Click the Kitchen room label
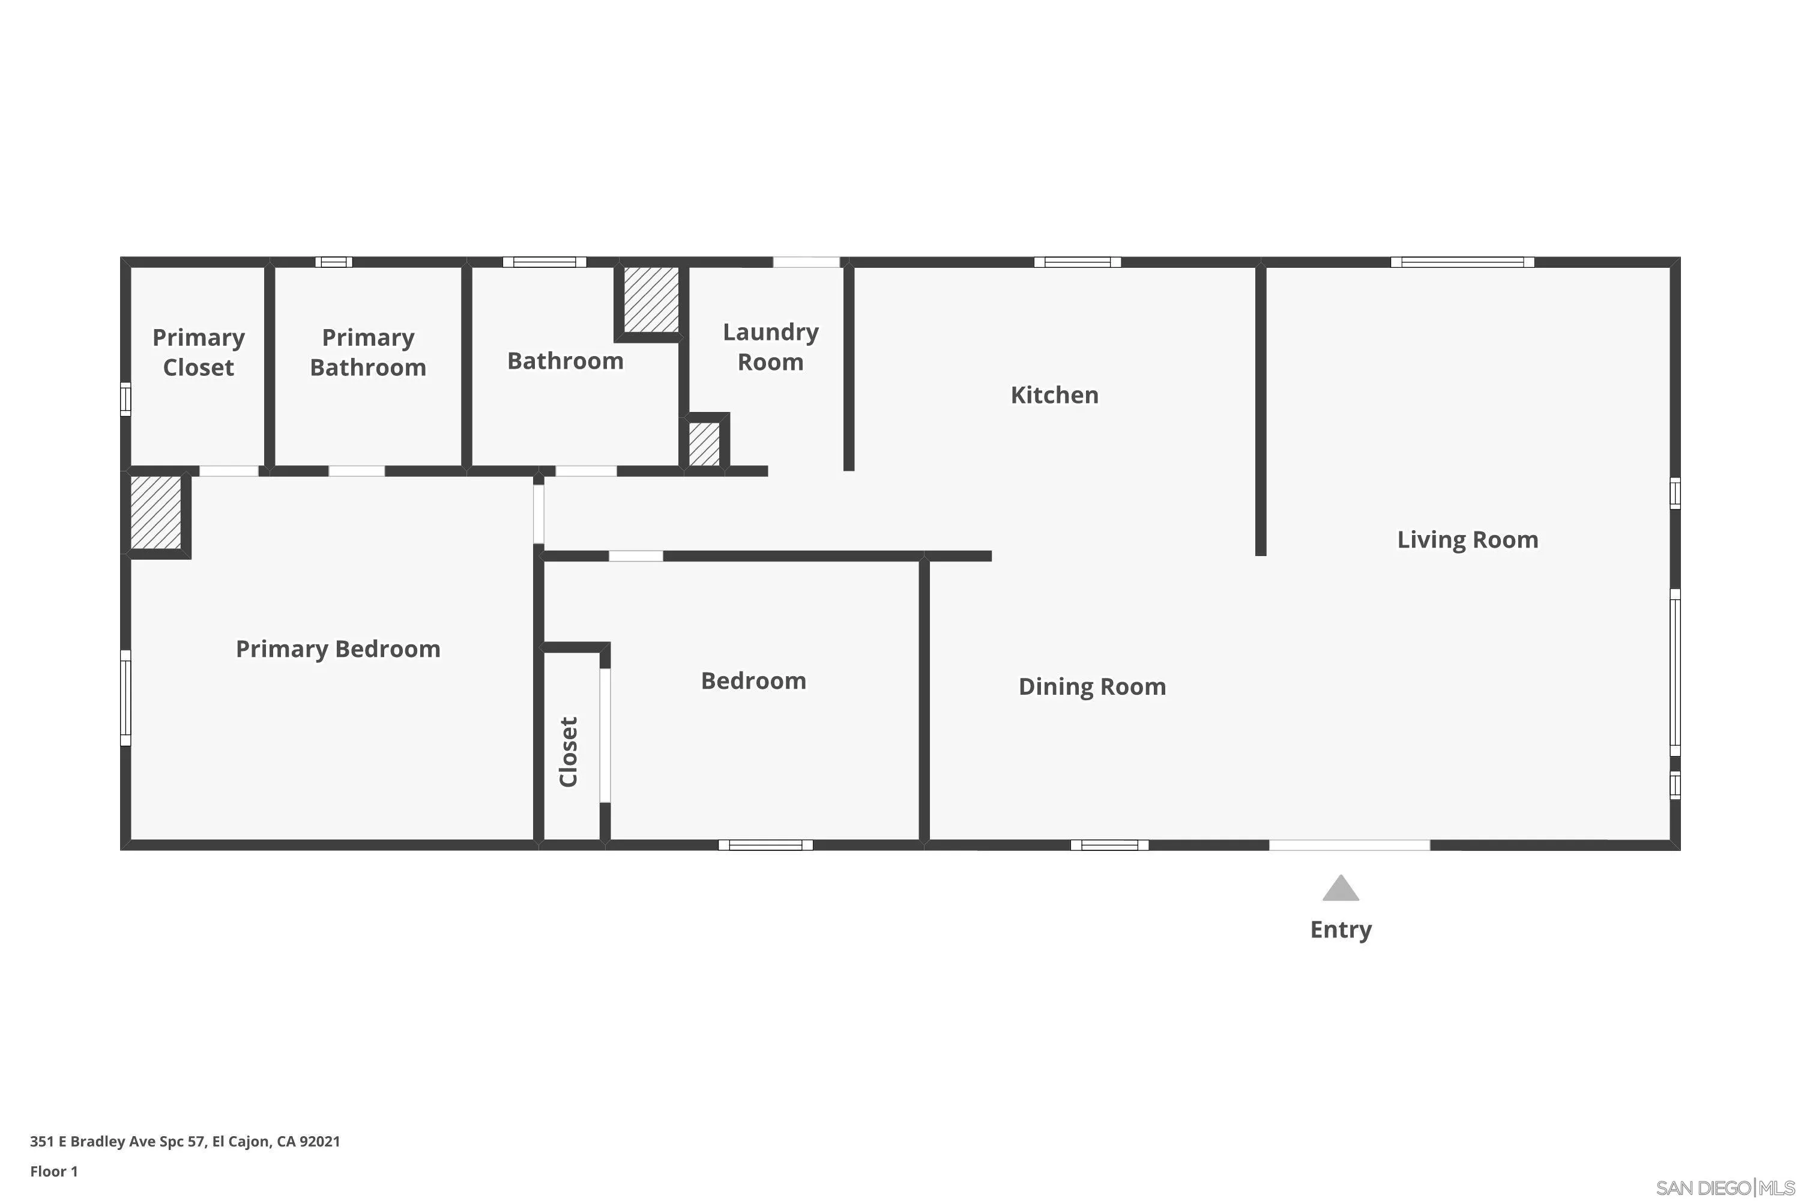point(1054,395)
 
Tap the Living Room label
point(1467,540)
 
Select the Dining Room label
point(1092,686)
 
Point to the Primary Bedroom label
point(337,650)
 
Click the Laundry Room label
point(770,347)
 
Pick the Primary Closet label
point(198,352)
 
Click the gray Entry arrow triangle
point(1340,889)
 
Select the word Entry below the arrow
point(1340,930)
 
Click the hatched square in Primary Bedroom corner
point(155,512)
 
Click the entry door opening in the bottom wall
point(1348,845)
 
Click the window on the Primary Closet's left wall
point(125,399)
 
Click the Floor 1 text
point(53,1171)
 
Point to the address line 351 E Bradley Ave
point(184,1142)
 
